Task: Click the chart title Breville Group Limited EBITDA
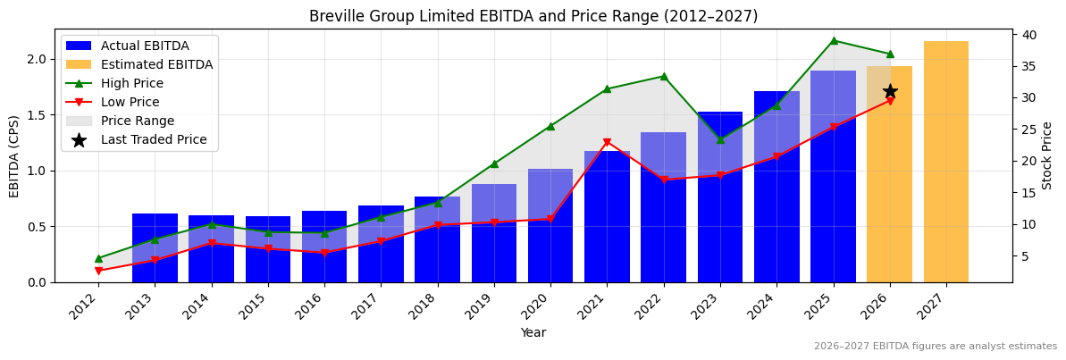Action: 533,16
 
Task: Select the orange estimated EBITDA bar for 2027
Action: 945,161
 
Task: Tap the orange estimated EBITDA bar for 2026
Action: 889,179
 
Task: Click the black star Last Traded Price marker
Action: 890,91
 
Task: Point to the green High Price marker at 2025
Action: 834,40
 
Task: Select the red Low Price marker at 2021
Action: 607,142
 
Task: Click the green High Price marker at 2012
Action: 98,258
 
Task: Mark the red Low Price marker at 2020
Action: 550,219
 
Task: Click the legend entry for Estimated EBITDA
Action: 156,64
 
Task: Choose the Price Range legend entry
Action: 137,121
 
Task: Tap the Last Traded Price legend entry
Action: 153,139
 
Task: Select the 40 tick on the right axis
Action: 1029,35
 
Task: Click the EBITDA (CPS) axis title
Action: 14,155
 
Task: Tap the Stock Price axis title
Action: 1047,155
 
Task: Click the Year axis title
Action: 533,332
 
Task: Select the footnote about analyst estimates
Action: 935,347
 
